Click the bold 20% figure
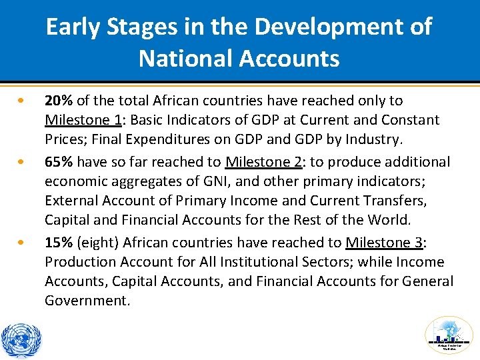[59, 101]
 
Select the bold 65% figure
[59, 162]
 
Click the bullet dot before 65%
[23, 162]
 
